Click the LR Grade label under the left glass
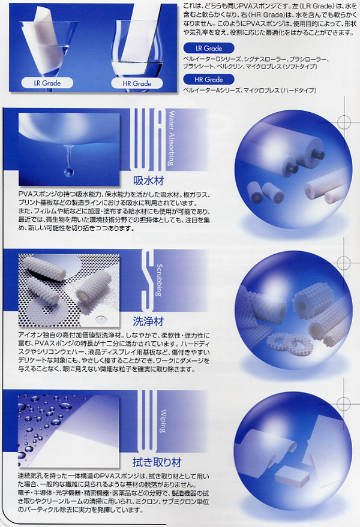47,83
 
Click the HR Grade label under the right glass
137,83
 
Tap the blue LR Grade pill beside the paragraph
209,48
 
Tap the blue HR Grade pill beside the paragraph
209,79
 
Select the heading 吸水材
149,181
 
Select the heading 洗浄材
148,321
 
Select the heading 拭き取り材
157,462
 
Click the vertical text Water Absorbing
171,138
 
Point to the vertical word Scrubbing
159,280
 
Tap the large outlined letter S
148,281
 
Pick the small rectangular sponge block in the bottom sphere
287,473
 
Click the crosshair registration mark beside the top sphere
344,121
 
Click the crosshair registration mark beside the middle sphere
344,262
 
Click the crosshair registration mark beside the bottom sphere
344,402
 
